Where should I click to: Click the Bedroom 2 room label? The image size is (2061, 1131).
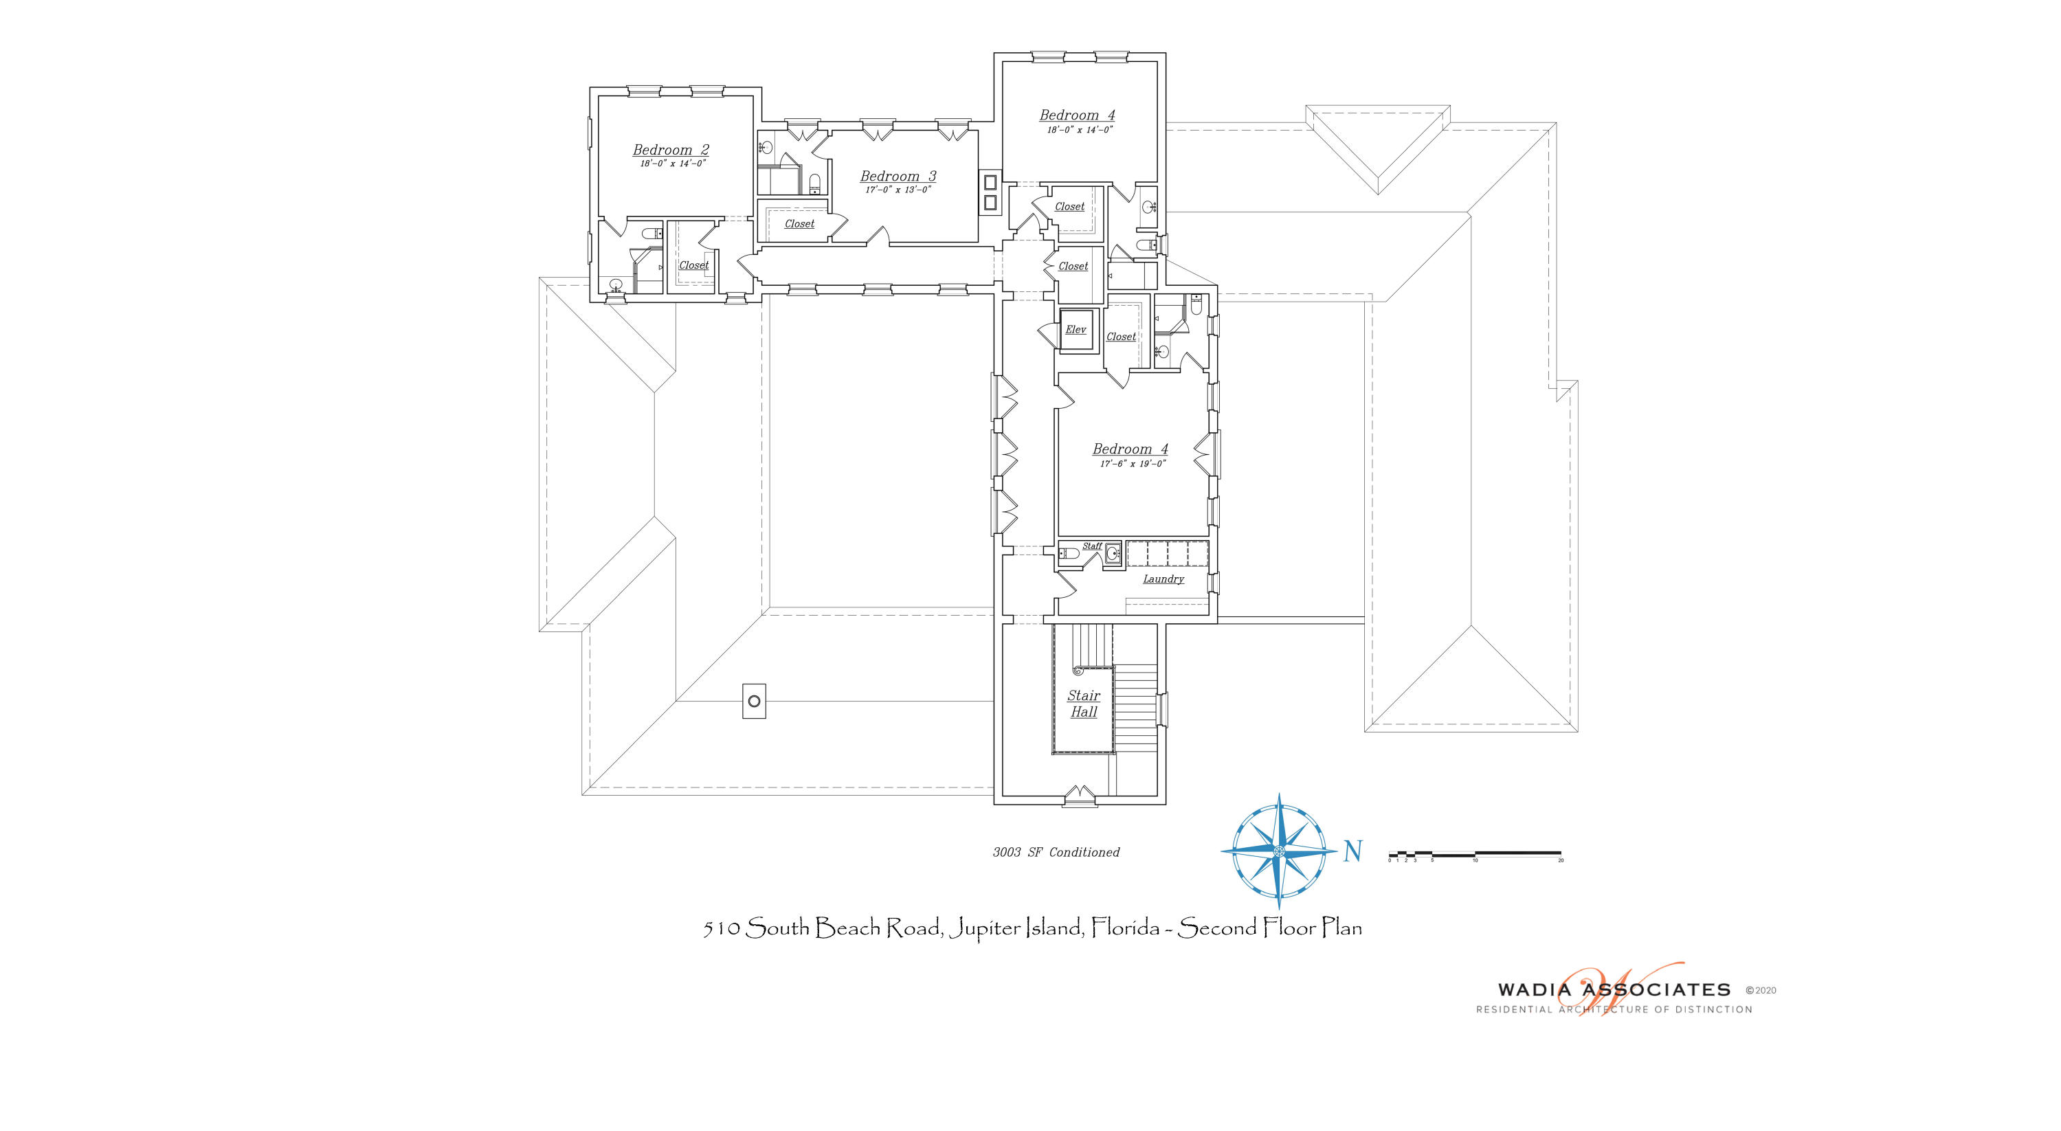pyautogui.click(x=671, y=150)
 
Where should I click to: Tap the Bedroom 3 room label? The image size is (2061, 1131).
pyautogui.click(x=898, y=176)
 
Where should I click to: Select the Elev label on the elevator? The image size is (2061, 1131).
pyautogui.click(x=1076, y=330)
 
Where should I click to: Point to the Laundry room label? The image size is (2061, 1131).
pyautogui.click(x=1163, y=579)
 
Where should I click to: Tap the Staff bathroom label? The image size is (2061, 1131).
pyautogui.click(x=1091, y=546)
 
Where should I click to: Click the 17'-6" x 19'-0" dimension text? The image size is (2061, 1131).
pyautogui.click(x=1132, y=464)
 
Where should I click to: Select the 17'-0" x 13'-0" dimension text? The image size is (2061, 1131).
pyautogui.click(x=898, y=190)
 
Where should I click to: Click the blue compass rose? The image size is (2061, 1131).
pyautogui.click(x=1278, y=850)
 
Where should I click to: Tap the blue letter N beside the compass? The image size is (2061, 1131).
pyautogui.click(x=1352, y=851)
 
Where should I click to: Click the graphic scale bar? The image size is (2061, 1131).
pyautogui.click(x=1475, y=854)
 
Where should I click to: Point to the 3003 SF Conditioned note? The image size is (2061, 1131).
pyautogui.click(x=1056, y=853)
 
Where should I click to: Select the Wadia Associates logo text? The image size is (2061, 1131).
pyautogui.click(x=1614, y=990)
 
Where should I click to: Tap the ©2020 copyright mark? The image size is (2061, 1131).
pyautogui.click(x=1760, y=990)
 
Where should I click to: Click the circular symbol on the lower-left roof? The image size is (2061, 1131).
pyautogui.click(x=754, y=702)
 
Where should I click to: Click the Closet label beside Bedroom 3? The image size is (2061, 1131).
pyautogui.click(x=799, y=224)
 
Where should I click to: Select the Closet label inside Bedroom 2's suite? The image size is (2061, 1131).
pyautogui.click(x=693, y=265)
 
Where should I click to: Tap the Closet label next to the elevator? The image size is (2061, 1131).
pyautogui.click(x=1121, y=337)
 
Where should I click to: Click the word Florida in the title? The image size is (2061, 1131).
pyautogui.click(x=1125, y=928)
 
